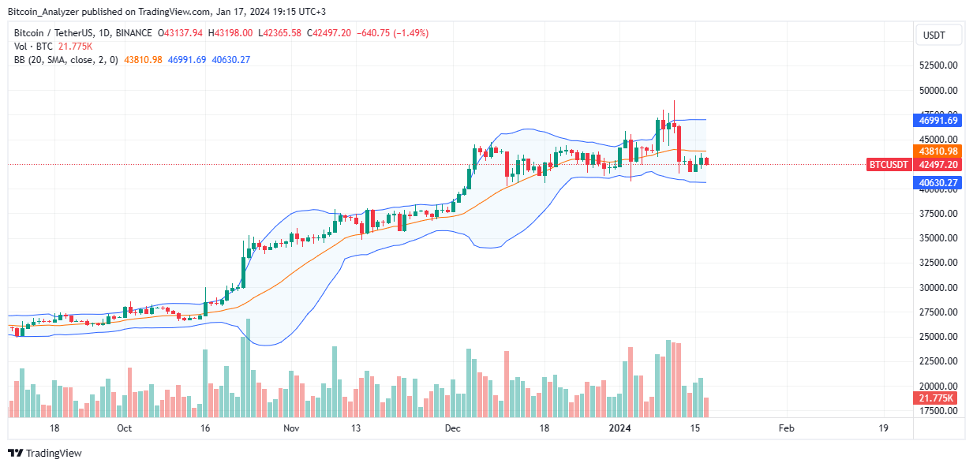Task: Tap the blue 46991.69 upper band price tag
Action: point(937,120)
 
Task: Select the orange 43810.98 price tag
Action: point(937,151)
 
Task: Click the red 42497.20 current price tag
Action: point(937,164)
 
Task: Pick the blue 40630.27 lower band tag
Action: point(937,182)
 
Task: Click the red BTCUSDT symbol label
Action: point(889,164)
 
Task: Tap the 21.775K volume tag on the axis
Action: point(937,398)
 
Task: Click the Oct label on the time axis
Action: point(124,428)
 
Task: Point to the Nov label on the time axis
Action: point(291,428)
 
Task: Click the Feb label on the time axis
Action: point(786,428)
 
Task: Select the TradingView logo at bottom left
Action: point(45,453)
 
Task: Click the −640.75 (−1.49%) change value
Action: point(403,33)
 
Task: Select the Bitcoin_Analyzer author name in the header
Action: point(43,10)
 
